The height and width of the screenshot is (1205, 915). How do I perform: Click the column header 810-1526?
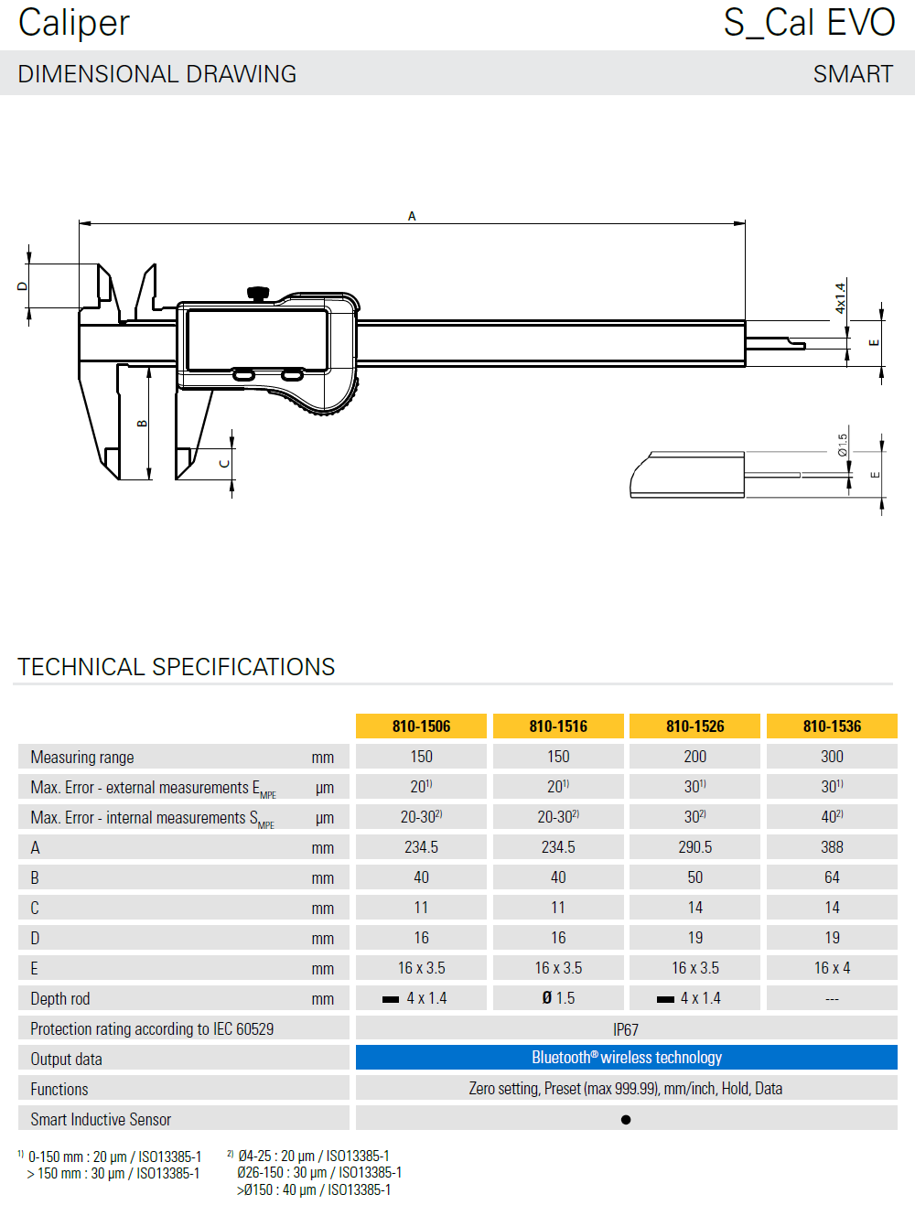pos(694,726)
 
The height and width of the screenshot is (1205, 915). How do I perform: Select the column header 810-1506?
pos(421,726)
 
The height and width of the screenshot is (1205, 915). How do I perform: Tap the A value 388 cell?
pos(832,847)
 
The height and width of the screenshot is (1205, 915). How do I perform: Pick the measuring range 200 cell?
pos(694,757)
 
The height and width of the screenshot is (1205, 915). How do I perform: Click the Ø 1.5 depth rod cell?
pos(558,998)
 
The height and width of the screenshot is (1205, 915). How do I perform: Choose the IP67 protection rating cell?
pos(626,1029)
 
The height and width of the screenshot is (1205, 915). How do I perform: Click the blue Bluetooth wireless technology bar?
pos(626,1058)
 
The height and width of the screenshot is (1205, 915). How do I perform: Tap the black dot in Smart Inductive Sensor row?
pos(626,1119)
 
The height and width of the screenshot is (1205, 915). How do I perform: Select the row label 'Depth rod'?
pos(60,999)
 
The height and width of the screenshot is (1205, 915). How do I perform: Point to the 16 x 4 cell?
pos(832,968)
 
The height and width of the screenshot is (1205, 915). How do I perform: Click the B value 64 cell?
pos(832,877)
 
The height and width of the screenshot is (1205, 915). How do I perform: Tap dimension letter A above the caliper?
pos(412,216)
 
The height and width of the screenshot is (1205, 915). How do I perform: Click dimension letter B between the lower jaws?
pos(142,424)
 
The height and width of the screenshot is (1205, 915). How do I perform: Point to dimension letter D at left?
pos(23,286)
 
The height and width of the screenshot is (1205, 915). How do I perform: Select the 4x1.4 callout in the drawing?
pos(840,298)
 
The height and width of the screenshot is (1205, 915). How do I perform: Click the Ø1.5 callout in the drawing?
pos(843,445)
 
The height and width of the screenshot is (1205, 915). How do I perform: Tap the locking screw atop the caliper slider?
pos(258,293)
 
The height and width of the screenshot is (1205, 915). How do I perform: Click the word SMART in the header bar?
pos(853,74)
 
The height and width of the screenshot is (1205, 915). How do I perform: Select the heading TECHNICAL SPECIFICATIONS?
pos(177,667)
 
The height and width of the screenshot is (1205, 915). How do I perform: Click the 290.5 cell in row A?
pos(694,847)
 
